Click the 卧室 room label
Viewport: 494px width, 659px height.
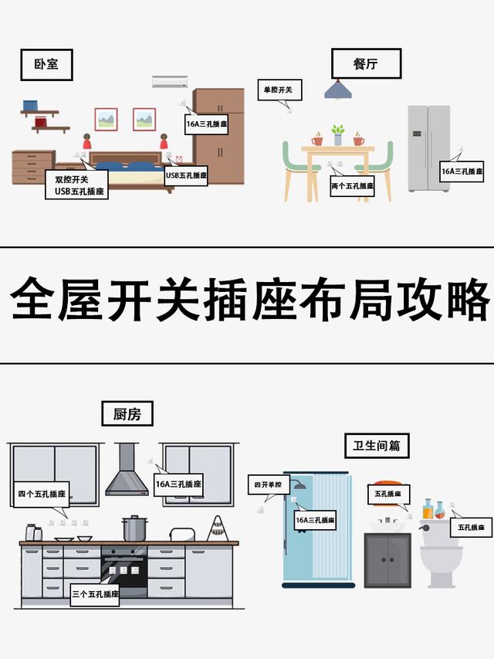[x=46, y=66]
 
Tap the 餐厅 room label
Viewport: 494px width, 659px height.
[x=366, y=64]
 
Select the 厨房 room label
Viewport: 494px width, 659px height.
[x=127, y=414]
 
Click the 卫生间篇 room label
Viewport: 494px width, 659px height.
[x=377, y=446]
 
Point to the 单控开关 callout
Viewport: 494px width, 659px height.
[x=279, y=90]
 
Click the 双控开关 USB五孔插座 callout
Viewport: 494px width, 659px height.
[x=75, y=185]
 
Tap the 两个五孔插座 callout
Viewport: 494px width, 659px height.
[x=352, y=186]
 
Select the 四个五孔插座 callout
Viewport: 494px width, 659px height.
[x=42, y=494]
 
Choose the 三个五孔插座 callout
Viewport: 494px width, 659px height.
[x=95, y=594]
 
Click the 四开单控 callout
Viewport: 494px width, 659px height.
[x=269, y=485]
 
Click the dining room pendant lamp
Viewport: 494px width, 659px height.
[x=337, y=90]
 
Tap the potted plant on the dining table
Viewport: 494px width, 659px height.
[x=337, y=134]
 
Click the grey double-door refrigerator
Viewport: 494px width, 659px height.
[x=428, y=148]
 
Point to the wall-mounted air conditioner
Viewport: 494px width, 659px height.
[x=169, y=82]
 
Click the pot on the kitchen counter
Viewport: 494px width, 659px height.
[x=134, y=529]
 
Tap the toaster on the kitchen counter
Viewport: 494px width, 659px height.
[x=181, y=535]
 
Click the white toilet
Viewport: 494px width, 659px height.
[x=441, y=552]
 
